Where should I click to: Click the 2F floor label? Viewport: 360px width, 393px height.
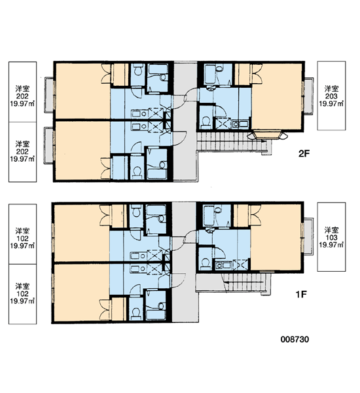[304, 153]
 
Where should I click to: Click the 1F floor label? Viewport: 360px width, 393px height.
[301, 294]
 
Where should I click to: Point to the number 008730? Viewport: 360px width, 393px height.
[295, 339]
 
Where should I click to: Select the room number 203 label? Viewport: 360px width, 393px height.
[331, 96]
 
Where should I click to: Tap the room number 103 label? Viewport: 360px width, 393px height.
[331, 237]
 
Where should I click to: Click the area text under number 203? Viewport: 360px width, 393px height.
[331, 103]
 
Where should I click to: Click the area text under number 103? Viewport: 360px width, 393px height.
[331, 244]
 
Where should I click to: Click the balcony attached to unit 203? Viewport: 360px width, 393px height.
[309, 96]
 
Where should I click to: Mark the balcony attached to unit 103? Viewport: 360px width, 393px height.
[308, 236]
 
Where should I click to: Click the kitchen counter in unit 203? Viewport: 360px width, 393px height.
[240, 124]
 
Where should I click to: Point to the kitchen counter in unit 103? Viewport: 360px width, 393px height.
[224, 265]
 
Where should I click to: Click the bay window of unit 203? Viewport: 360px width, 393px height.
[267, 134]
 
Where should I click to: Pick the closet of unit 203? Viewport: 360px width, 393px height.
[242, 74]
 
